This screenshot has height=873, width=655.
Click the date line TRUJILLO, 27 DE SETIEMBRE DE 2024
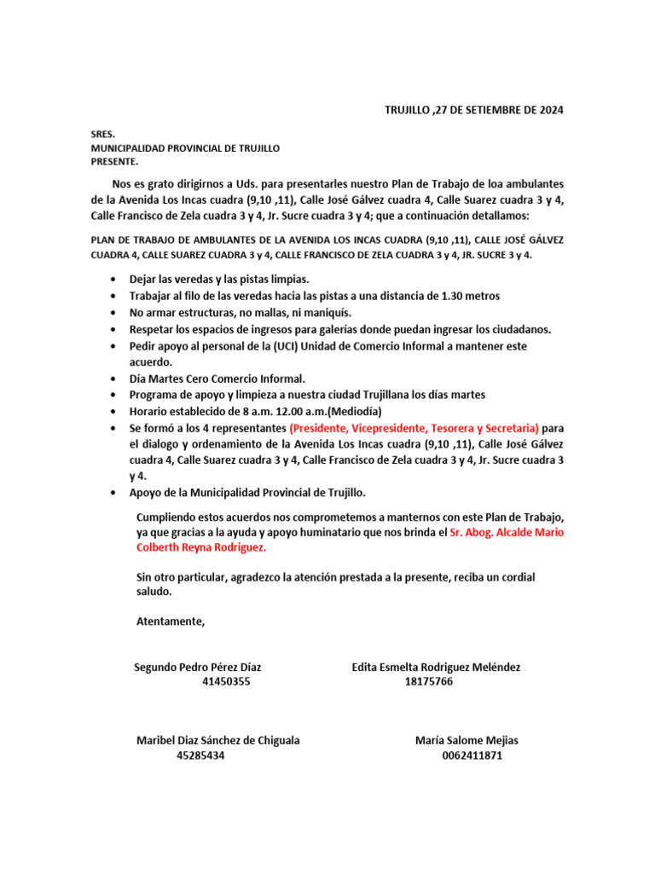(474, 110)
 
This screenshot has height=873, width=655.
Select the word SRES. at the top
(103, 135)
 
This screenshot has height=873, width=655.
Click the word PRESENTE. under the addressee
(114, 162)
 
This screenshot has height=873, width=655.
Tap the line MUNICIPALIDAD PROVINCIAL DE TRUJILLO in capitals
(185, 148)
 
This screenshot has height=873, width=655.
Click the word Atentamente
(171, 621)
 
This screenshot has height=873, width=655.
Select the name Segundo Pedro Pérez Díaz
(198, 667)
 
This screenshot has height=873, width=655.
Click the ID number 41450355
(226, 682)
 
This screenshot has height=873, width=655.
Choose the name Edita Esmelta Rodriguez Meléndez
(436, 667)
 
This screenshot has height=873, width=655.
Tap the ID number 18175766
(429, 682)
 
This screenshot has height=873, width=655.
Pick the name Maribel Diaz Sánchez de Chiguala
(218, 740)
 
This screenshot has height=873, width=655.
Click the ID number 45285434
(200, 755)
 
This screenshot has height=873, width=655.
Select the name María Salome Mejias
(467, 740)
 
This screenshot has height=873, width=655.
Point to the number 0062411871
(472, 755)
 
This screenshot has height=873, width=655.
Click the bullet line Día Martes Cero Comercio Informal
(217, 379)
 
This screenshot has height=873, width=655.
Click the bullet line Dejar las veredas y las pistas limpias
(219, 280)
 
